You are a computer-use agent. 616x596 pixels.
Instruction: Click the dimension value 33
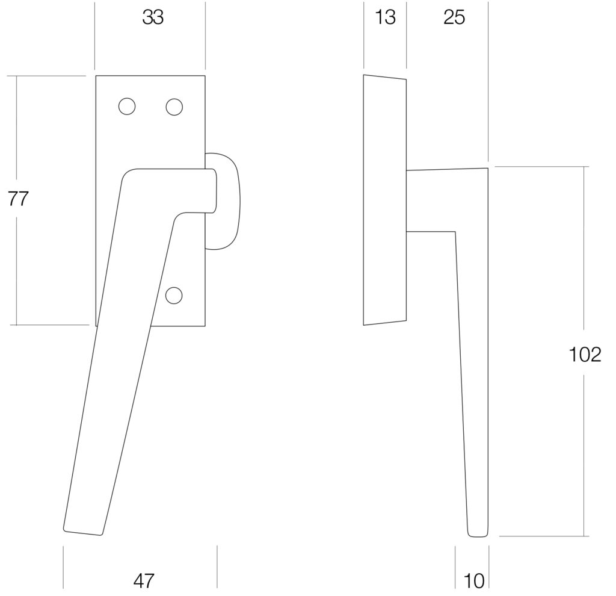click(153, 17)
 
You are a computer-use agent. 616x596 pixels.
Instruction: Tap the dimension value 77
click(18, 199)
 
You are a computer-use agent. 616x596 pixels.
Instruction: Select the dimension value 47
click(144, 581)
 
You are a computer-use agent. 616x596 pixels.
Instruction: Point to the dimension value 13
click(385, 17)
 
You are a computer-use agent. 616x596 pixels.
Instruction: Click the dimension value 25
click(454, 17)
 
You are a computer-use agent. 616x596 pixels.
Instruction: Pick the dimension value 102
click(585, 355)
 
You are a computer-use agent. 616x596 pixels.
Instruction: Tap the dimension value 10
click(474, 581)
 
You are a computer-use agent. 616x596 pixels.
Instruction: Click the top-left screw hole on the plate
click(127, 107)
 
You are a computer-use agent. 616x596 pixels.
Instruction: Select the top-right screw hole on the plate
click(174, 107)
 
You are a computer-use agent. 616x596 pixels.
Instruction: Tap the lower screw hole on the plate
click(174, 295)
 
